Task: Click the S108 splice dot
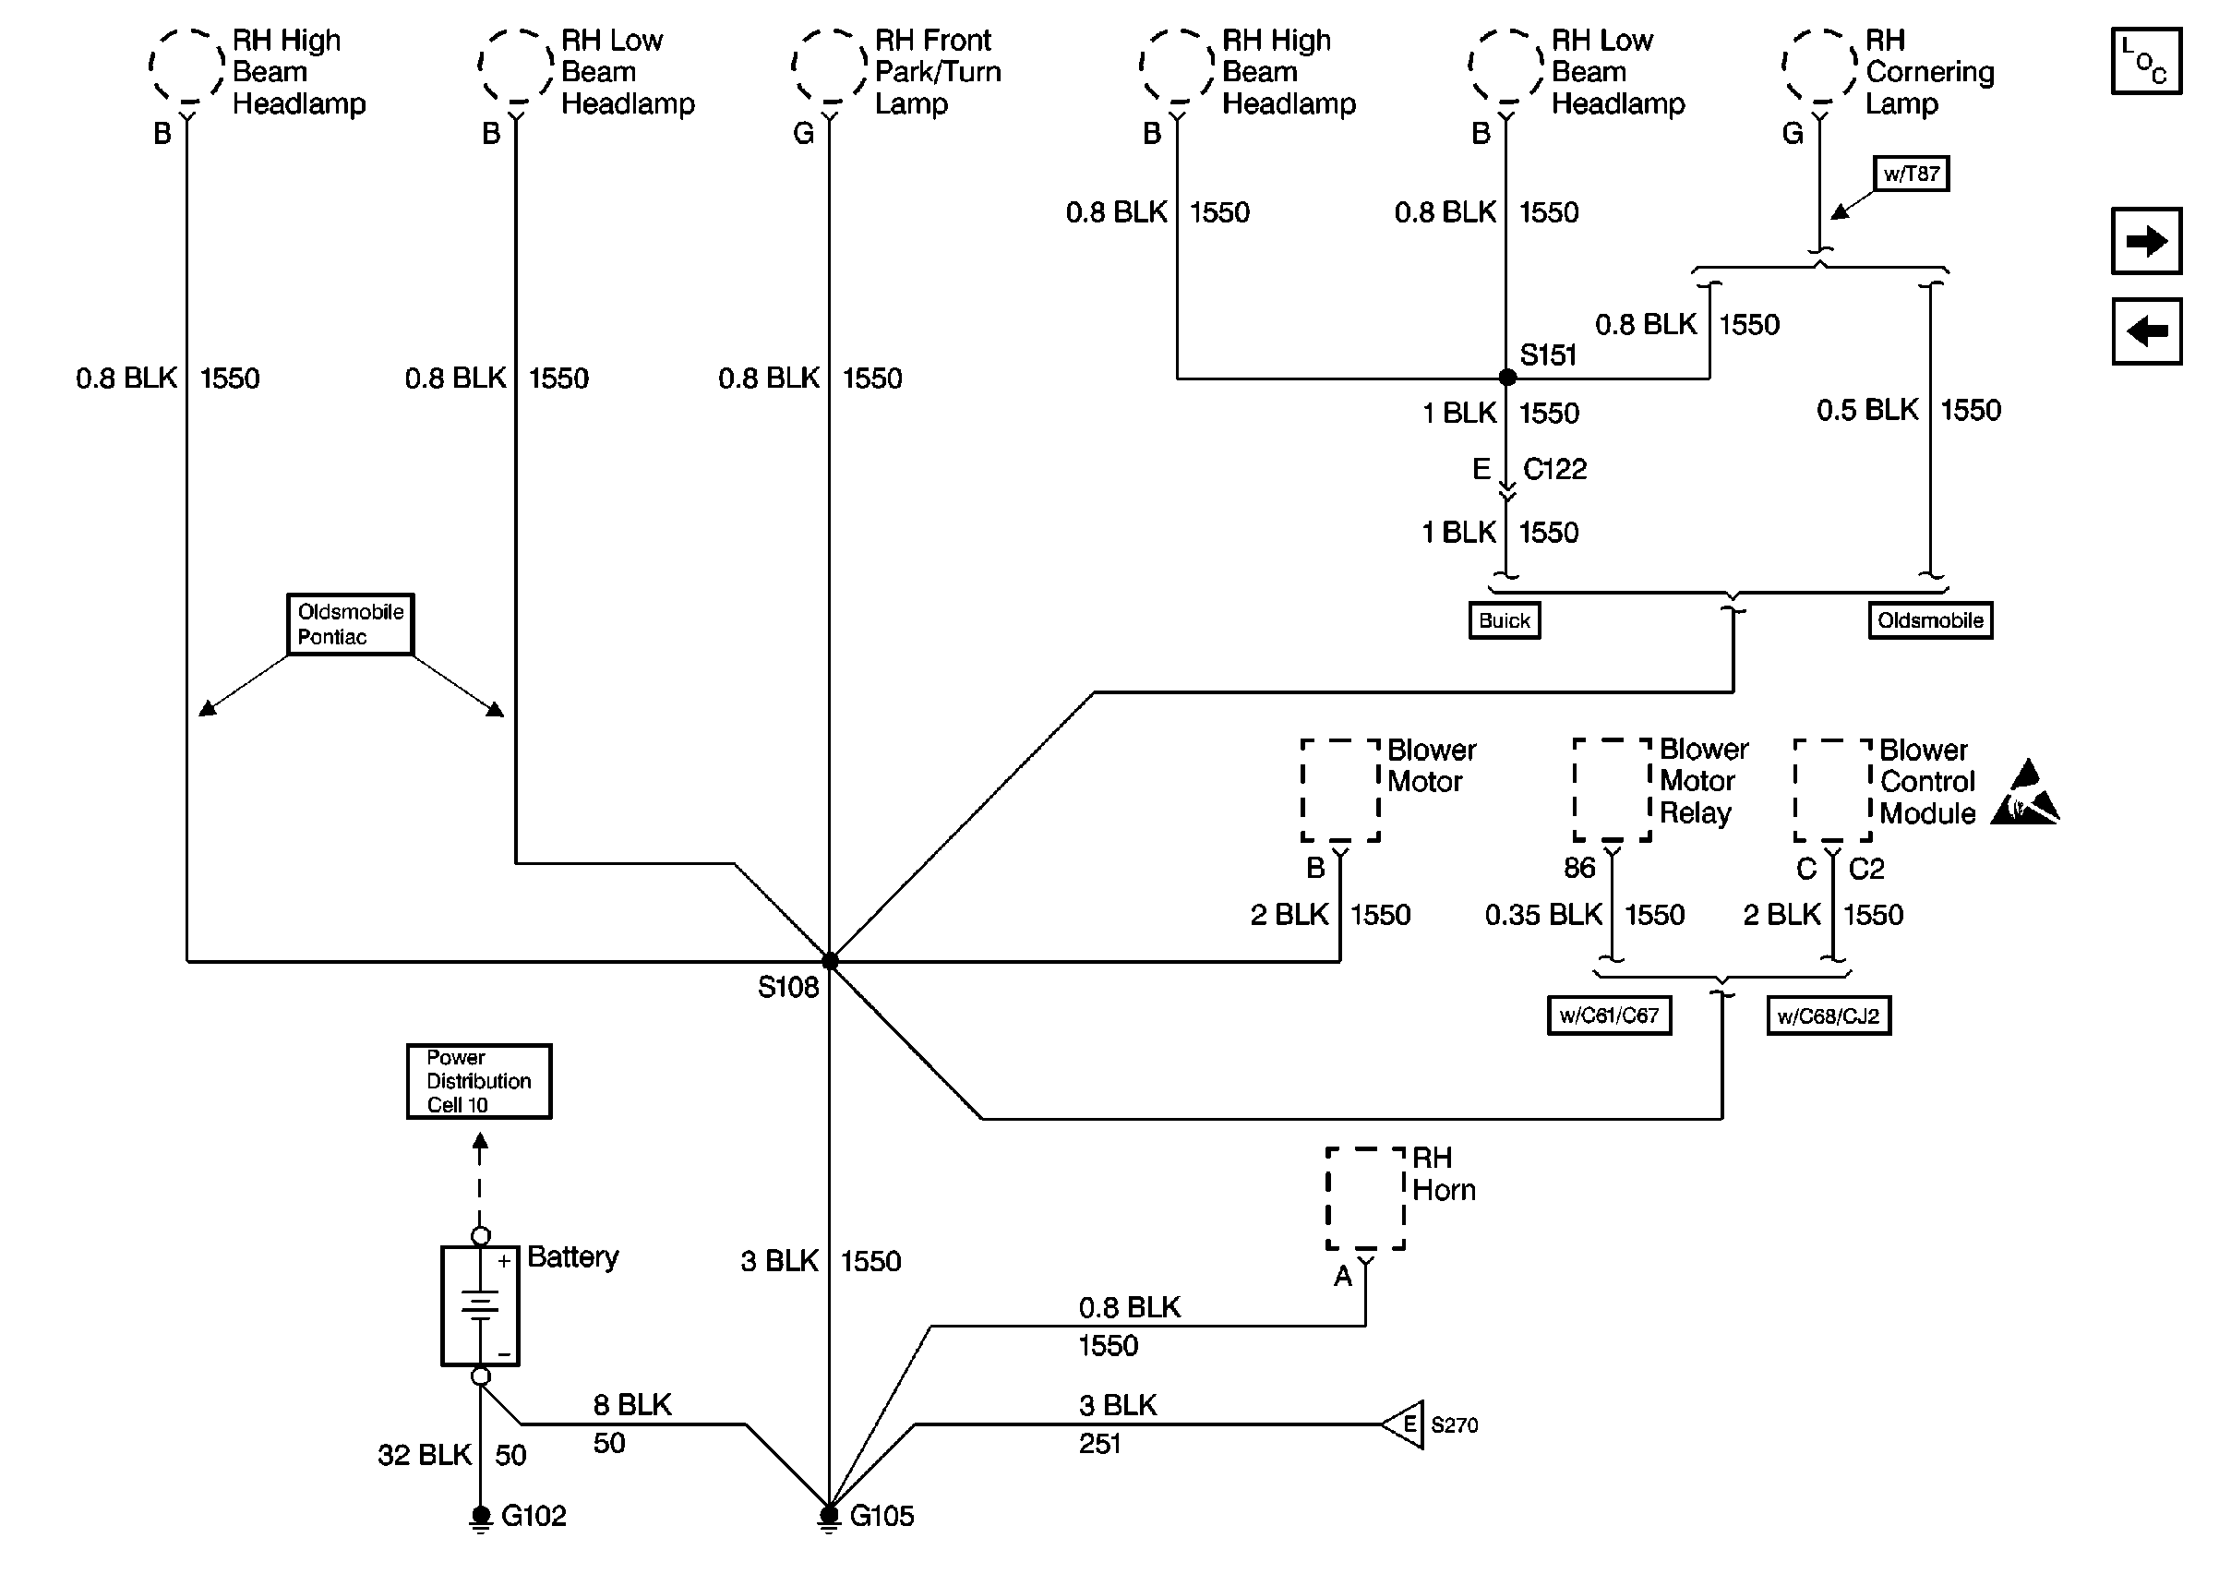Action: [x=830, y=961]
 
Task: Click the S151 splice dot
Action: [x=1506, y=377]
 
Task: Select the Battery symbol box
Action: [x=480, y=1305]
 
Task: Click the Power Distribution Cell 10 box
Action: [x=478, y=1081]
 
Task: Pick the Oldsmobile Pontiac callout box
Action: [x=351, y=624]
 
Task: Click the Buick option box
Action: [x=1505, y=620]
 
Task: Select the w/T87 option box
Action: [x=1911, y=174]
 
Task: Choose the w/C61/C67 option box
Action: [x=1609, y=1015]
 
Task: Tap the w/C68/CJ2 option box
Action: [x=1829, y=1015]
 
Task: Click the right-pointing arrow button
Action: [x=2146, y=240]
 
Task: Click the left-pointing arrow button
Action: [x=2146, y=331]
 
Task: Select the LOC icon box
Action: [x=2146, y=61]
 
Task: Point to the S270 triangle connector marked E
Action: [x=1404, y=1424]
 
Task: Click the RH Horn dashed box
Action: [x=1365, y=1198]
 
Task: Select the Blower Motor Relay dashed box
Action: [x=1612, y=789]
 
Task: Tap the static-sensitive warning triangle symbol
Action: [x=2025, y=793]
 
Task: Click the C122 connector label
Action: [x=1554, y=470]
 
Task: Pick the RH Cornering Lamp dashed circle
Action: [x=1819, y=66]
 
